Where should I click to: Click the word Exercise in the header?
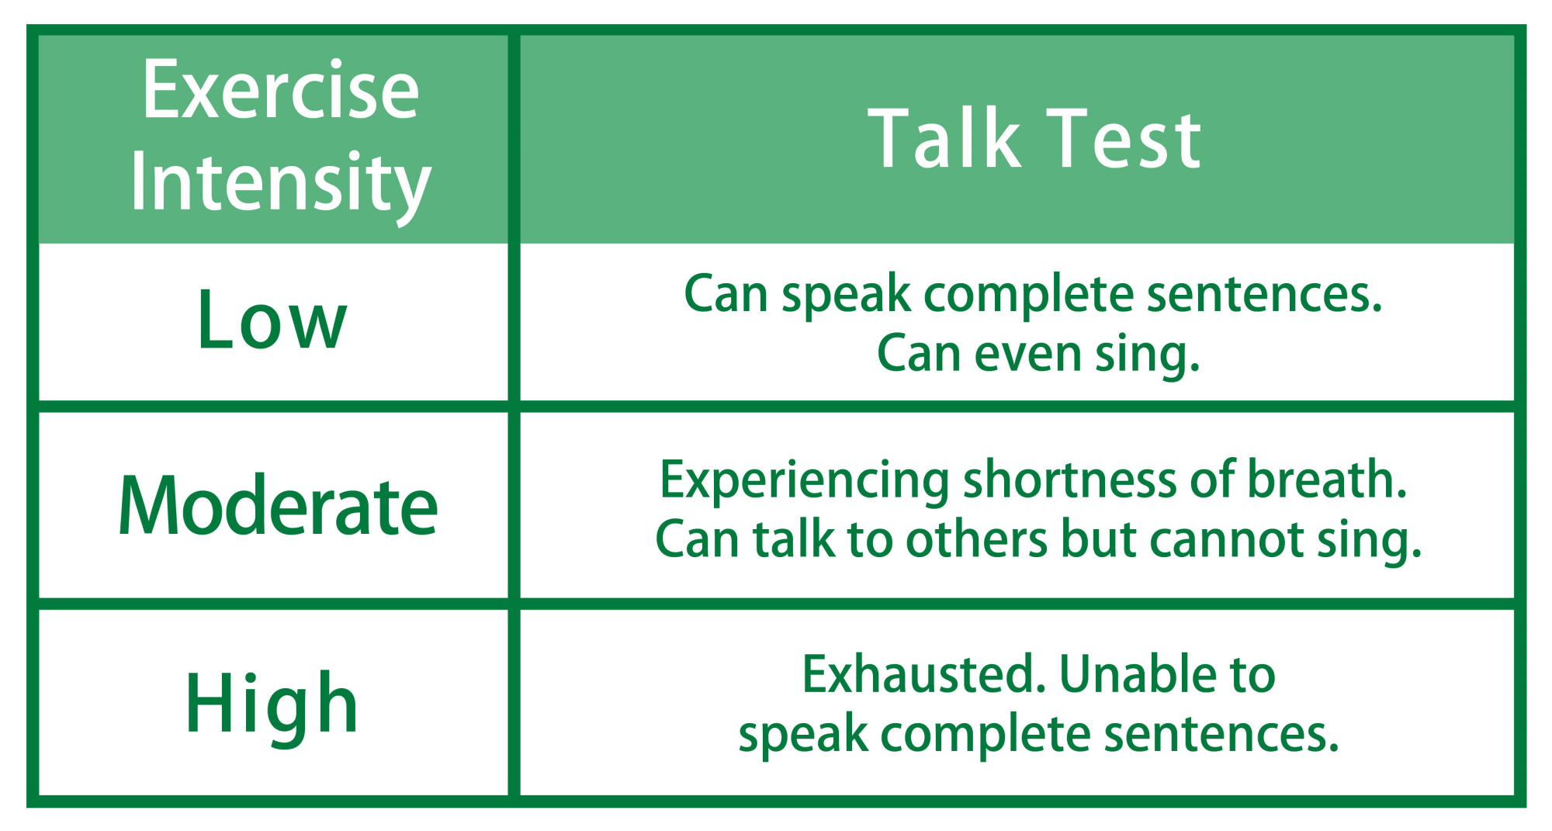tap(280, 91)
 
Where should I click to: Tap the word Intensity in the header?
tap(280, 183)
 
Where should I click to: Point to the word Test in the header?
tap(1124, 139)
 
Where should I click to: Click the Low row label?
tap(272, 319)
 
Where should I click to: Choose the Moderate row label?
tap(278, 506)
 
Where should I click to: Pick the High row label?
tap(272, 704)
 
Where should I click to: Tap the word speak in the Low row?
tap(846, 296)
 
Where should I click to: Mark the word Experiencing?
tap(805, 481)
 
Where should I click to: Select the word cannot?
tap(1227, 541)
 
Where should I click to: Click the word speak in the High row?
tap(802, 735)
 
